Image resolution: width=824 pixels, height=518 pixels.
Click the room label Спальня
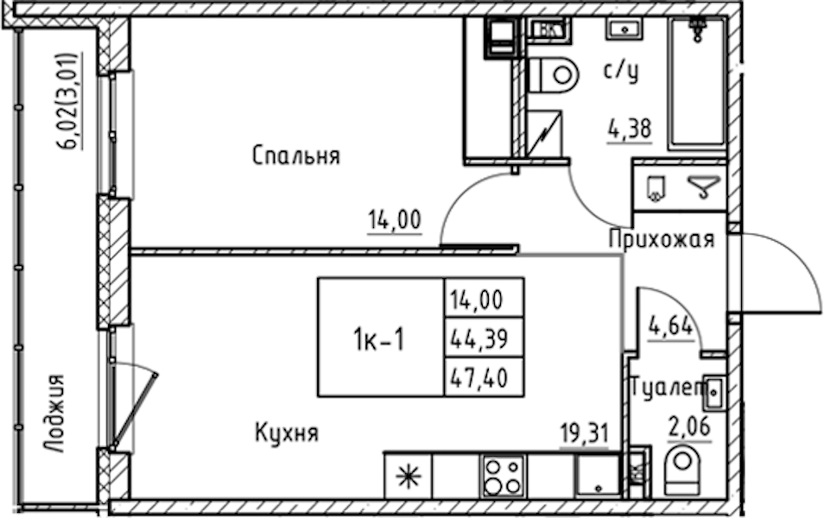[x=296, y=155]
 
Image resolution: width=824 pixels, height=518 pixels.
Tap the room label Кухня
[x=287, y=433]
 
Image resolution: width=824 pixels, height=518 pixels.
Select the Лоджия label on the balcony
[x=54, y=413]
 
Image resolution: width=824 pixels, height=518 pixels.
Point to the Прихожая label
[x=662, y=239]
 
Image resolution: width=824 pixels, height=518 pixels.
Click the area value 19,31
[x=584, y=434]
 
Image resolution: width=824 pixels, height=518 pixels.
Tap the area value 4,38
[x=630, y=128]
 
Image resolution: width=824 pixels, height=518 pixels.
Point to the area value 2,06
[x=689, y=426]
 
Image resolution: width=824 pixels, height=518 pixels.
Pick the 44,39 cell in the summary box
[x=484, y=338]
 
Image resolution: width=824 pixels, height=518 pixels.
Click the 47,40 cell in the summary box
[x=484, y=377]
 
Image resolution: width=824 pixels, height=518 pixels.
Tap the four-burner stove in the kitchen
[x=504, y=477]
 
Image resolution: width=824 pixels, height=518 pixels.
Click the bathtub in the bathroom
[x=697, y=84]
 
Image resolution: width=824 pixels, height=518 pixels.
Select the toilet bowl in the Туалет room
[x=682, y=466]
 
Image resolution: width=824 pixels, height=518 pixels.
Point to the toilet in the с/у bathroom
[x=552, y=74]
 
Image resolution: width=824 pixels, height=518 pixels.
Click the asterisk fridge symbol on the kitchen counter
[x=409, y=476]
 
